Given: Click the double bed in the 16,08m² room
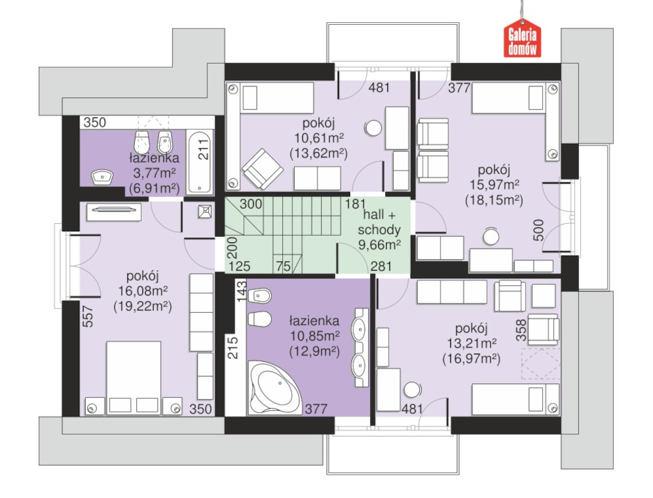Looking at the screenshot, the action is [134, 377].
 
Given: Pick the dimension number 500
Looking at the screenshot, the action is [538, 230].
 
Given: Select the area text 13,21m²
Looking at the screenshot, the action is [472, 343].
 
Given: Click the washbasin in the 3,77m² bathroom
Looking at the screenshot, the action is [102, 178].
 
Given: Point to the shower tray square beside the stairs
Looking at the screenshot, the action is [205, 211].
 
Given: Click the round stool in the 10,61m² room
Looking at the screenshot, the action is [373, 128].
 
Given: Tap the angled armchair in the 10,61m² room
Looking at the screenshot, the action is [263, 169].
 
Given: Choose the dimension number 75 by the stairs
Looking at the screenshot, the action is [283, 266].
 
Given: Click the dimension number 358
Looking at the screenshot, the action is [521, 330].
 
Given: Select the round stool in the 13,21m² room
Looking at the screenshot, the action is [412, 390].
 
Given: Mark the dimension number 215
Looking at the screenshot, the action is [233, 347].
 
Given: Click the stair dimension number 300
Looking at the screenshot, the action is [250, 204].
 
